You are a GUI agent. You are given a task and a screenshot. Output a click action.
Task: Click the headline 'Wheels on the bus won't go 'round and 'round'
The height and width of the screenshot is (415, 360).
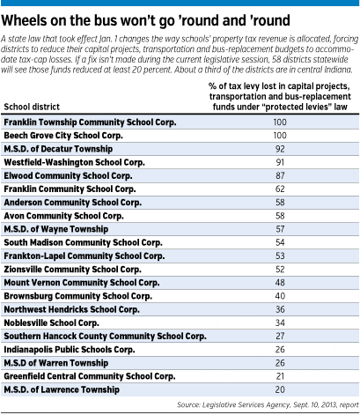coord(145,21)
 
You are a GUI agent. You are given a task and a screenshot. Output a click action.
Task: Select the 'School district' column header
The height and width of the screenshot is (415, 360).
coord(32,107)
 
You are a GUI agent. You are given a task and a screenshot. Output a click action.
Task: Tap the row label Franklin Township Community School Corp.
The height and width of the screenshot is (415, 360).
coord(90,122)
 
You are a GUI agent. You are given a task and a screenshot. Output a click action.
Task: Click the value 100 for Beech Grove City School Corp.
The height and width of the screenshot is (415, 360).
coord(280,136)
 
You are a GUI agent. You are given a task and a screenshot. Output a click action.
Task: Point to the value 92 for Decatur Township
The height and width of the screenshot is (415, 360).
coord(280,149)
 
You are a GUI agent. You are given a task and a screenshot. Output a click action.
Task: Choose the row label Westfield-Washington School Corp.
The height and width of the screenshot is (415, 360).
coord(74,162)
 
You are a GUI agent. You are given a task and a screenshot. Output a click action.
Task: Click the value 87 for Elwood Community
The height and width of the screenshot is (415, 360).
coord(280,175)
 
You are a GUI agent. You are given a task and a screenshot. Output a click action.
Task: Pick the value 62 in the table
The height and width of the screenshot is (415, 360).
coord(280,189)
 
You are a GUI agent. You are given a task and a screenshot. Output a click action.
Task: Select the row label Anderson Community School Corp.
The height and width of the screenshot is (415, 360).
coord(73,203)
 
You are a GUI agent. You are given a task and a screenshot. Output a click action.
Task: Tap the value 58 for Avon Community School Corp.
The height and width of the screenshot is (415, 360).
coord(280,216)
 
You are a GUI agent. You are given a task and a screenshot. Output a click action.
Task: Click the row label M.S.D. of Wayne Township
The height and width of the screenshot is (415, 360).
coord(56,229)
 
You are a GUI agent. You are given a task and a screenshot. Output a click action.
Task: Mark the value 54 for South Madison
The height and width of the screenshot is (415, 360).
coord(280,242)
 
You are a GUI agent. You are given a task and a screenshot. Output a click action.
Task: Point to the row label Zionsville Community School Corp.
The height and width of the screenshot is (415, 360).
coord(72,270)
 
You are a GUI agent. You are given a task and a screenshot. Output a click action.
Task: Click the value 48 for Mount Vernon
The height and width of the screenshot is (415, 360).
coord(280,283)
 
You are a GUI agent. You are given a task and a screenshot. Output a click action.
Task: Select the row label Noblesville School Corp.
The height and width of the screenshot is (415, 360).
coord(51,323)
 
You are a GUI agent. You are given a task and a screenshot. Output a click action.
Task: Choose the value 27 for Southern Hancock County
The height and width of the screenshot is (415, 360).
coord(280,336)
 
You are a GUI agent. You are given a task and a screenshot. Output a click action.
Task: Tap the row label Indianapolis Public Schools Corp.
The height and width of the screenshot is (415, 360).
coord(70,350)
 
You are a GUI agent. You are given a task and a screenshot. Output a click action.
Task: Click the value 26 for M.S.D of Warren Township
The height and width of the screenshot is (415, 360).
coord(280,363)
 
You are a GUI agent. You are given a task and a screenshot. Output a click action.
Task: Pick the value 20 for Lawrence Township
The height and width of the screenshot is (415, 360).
coord(280,389)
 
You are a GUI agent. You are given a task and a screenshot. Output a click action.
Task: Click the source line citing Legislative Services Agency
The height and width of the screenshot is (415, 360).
coord(268,405)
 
